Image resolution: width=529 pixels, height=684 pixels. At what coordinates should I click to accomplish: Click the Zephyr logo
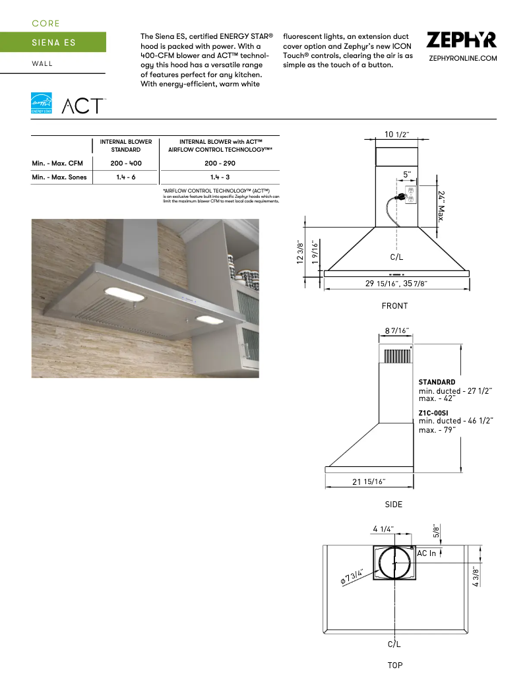[461, 40]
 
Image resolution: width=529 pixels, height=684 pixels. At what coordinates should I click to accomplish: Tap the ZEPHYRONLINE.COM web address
[462, 59]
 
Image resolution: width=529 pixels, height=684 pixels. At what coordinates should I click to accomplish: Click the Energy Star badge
[40, 104]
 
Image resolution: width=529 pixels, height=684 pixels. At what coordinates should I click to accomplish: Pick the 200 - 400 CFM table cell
[126, 163]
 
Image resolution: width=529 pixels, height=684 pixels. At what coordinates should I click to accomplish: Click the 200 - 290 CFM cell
[220, 163]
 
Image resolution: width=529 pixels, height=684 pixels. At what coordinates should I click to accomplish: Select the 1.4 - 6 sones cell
[126, 177]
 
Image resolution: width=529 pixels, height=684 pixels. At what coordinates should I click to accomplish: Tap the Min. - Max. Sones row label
[59, 177]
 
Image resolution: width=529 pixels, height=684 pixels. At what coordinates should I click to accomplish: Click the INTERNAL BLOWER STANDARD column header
[126, 145]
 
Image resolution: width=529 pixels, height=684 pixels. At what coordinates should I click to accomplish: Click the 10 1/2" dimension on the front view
[396, 135]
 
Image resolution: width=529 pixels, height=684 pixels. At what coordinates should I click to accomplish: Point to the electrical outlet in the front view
[409, 195]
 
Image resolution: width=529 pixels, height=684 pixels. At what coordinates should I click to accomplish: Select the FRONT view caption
[394, 306]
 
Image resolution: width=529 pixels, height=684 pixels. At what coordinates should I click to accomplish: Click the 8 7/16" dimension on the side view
[396, 330]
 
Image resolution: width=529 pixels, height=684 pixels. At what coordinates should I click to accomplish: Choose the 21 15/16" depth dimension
[369, 482]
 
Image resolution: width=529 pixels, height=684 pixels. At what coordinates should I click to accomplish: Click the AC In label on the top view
[427, 553]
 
